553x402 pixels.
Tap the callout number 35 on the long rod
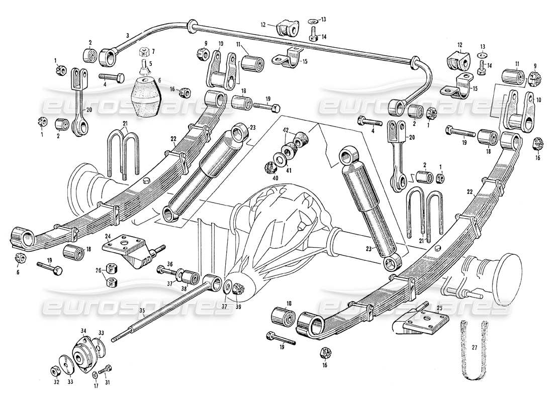point(143,311)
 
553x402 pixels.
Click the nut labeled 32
point(54,371)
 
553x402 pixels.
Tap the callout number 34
point(84,330)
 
